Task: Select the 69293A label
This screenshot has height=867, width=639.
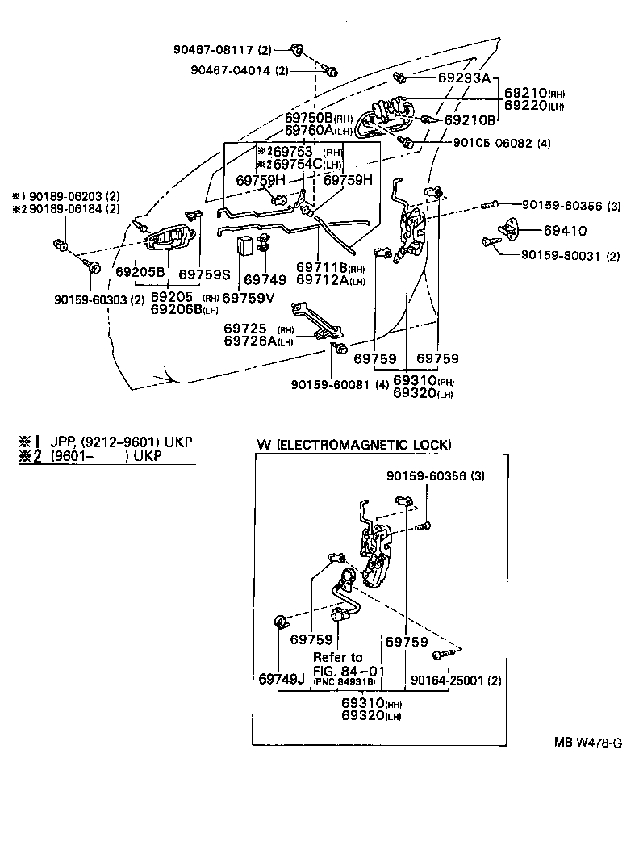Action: [x=464, y=78]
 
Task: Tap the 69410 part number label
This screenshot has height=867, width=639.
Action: [x=565, y=230]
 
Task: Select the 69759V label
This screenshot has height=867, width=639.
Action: [x=250, y=298]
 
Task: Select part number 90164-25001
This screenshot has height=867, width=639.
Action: [x=448, y=681]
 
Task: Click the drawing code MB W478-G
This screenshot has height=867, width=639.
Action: [x=587, y=743]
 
